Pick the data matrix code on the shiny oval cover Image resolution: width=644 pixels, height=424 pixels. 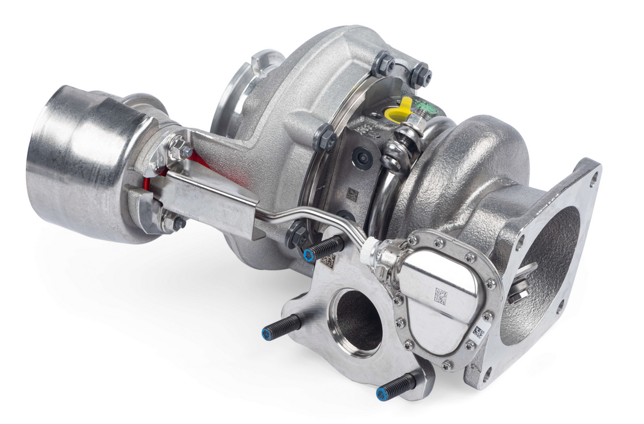click(441, 296)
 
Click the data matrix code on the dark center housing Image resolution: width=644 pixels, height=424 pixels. click(352, 194)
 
